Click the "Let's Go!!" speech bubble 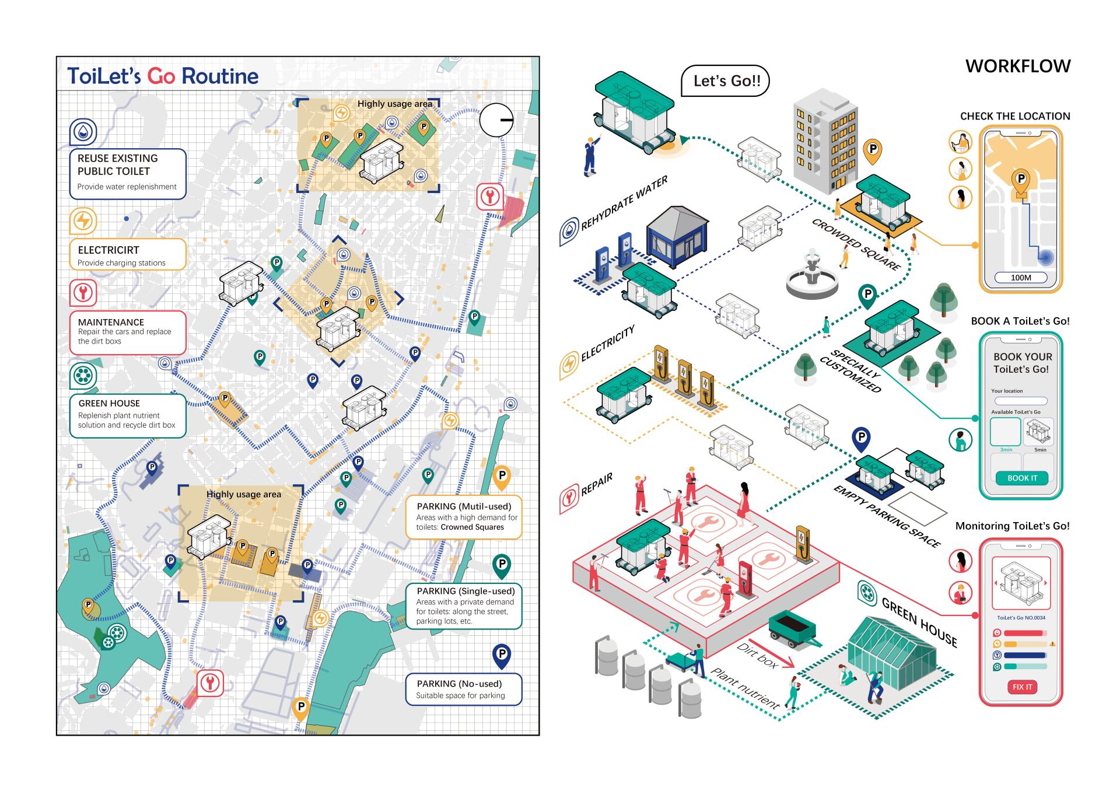point(726,81)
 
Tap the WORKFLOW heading point(1017,66)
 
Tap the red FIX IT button point(1022,687)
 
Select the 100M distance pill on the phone point(1020,278)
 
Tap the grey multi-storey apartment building point(824,143)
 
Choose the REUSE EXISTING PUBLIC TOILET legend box point(127,173)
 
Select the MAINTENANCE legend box point(127,332)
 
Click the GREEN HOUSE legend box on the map point(127,415)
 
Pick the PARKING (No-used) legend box point(463,689)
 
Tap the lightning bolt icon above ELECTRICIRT point(83,222)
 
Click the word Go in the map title point(161,76)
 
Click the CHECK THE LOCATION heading point(1014,116)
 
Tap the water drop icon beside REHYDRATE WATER point(569,231)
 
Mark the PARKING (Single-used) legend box point(463,606)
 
